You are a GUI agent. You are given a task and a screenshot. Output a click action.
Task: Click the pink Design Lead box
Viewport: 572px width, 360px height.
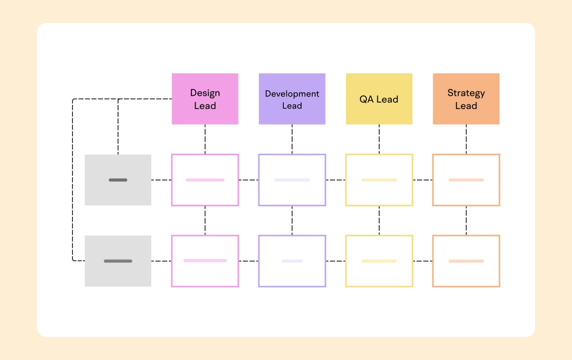(x=205, y=99)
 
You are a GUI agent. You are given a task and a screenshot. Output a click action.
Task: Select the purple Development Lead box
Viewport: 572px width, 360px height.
(x=292, y=99)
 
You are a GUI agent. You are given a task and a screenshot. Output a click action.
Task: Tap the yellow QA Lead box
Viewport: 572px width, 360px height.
(x=379, y=99)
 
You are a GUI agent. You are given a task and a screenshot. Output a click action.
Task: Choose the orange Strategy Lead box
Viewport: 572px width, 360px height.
(x=466, y=99)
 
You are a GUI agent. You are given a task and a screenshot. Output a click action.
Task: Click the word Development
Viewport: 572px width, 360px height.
(x=292, y=94)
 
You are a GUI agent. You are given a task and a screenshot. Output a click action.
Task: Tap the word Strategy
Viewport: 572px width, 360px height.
(x=466, y=93)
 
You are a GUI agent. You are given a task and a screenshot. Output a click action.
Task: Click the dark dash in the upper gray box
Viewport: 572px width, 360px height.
(x=118, y=180)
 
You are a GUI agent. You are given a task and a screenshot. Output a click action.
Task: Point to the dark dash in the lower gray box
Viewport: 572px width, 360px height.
(x=118, y=261)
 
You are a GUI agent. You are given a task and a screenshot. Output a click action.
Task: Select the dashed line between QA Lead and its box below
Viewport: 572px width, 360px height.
(x=379, y=139)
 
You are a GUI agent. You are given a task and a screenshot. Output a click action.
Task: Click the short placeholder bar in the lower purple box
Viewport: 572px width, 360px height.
(x=292, y=261)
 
